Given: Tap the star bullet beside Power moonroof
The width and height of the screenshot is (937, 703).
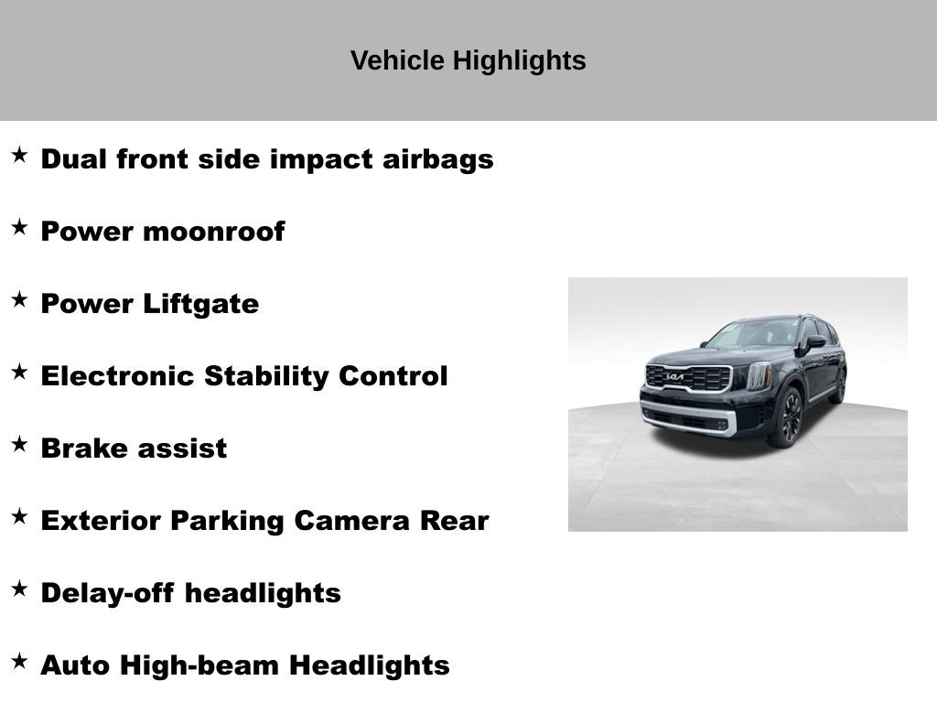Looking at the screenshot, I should coord(19,228).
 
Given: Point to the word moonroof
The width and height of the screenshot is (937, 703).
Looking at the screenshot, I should coord(213,232).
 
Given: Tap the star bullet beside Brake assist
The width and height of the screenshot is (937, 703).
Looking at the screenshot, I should coord(19,445).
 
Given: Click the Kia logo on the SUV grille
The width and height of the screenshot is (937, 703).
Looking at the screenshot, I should coord(675,377).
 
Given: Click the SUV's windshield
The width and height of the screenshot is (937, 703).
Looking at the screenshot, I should coord(754,333).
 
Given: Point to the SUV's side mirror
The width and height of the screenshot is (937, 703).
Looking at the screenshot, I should coord(814,342).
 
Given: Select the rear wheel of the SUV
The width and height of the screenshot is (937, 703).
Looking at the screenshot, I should coord(838,385).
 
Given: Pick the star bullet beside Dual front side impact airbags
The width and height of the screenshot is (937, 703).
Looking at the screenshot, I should coord(19,156).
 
